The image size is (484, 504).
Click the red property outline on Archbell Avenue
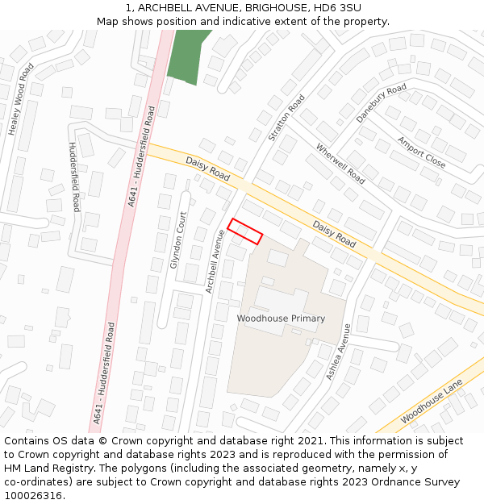(x=245, y=231)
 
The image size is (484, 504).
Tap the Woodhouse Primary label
(x=281, y=319)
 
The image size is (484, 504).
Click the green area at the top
(x=187, y=55)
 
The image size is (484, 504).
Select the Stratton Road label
(x=288, y=118)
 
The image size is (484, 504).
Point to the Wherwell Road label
(x=340, y=163)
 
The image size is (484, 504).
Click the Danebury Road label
(x=381, y=103)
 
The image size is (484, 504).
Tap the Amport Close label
(x=421, y=152)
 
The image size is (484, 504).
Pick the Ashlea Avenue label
(x=338, y=352)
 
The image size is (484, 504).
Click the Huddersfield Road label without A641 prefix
(x=74, y=177)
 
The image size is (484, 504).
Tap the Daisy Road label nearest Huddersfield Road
(x=208, y=168)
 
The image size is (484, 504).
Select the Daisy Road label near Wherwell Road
(x=334, y=234)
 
